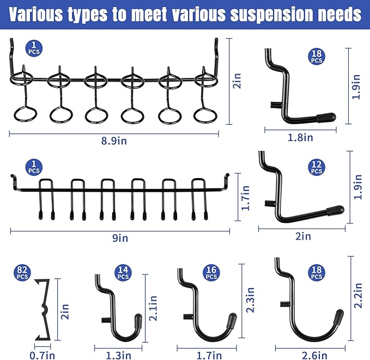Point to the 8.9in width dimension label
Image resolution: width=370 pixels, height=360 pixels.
(114, 141)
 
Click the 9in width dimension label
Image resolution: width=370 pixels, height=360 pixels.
(119, 238)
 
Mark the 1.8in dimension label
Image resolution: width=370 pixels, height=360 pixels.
(300, 138)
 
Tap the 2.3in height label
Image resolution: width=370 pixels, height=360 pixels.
(251, 300)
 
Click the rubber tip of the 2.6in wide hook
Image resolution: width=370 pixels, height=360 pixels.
(338, 316)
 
